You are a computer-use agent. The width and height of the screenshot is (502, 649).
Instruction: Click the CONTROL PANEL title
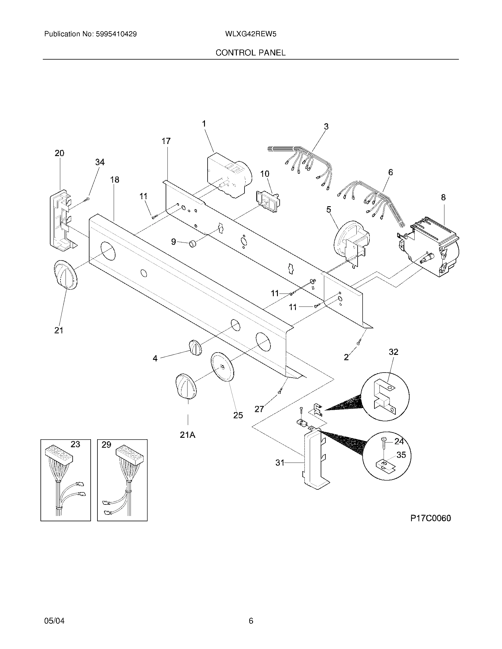(x=250, y=53)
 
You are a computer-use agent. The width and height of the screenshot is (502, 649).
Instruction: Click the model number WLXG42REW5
(x=251, y=34)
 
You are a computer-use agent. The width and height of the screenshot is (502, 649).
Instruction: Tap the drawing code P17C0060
(x=431, y=518)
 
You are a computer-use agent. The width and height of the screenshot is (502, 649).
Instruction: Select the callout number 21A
(x=188, y=435)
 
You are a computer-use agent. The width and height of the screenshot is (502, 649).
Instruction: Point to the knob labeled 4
(x=195, y=347)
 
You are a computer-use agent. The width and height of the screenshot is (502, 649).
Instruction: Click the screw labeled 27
(x=280, y=392)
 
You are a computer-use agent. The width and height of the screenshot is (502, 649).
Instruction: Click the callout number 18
(x=115, y=179)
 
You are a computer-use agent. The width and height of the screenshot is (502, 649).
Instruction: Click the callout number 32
(x=393, y=352)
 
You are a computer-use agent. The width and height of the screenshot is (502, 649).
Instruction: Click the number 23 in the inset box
(x=75, y=444)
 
